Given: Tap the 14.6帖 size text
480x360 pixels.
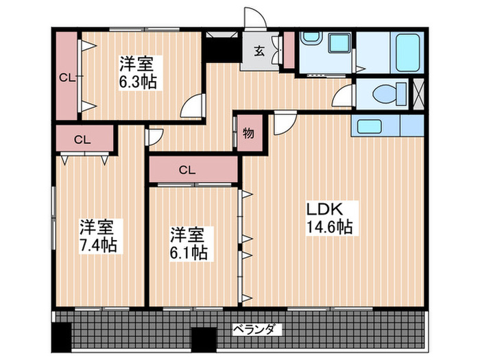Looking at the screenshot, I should (329, 227).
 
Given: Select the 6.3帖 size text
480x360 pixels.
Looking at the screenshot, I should (137, 82).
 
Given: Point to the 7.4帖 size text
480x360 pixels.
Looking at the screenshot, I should (97, 244).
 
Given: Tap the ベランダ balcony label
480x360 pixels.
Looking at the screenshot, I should (256, 330).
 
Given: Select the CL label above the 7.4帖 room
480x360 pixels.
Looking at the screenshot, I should (82, 139).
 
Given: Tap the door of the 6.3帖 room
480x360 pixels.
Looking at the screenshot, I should (194, 106).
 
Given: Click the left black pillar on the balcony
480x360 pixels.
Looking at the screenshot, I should (62, 337).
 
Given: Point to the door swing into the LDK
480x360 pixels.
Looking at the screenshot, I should (283, 123).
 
